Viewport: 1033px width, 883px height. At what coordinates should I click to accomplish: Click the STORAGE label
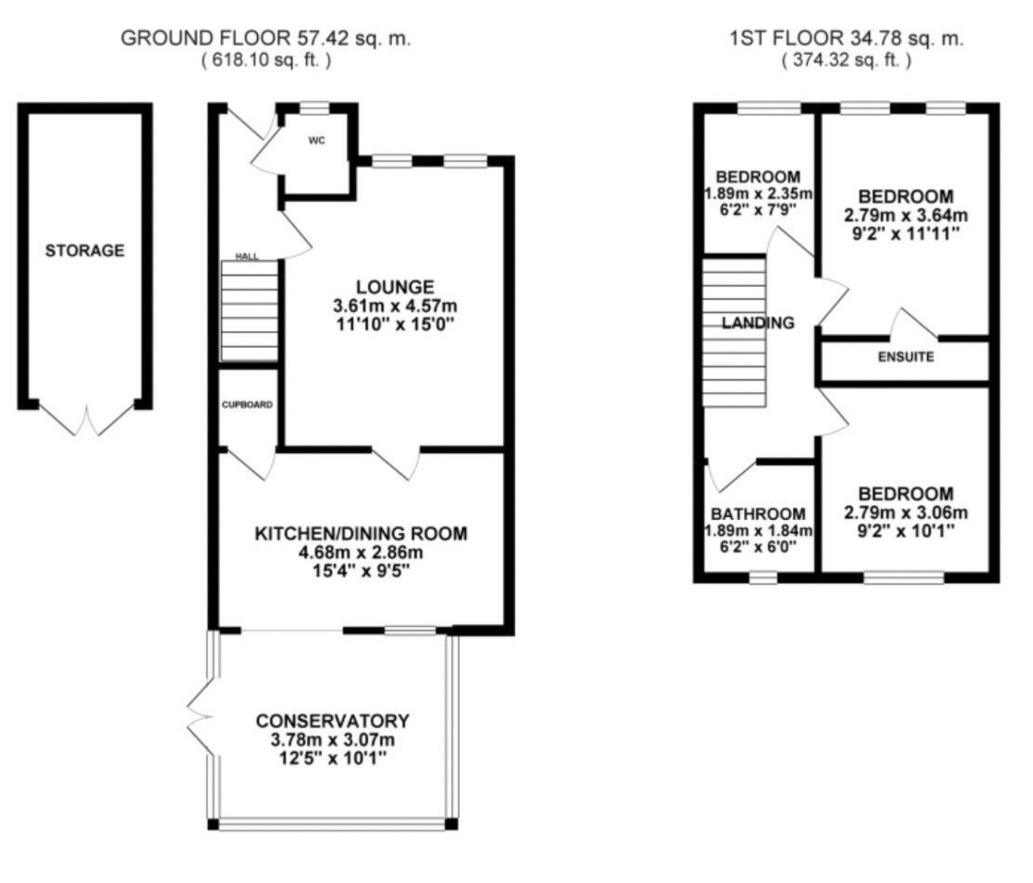tap(85, 251)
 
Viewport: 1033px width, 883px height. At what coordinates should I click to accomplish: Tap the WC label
tap(317, 141)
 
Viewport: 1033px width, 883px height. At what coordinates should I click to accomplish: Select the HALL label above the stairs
tap(247, 256)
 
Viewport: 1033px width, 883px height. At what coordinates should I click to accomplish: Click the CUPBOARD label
tap(247, 405)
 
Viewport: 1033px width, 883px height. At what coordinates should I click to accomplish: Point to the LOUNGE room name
tap(395, 287)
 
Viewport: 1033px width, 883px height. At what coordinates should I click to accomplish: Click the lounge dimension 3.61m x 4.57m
tap(395, 306)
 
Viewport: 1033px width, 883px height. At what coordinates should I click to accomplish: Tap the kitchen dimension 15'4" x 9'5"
tap(361, 571)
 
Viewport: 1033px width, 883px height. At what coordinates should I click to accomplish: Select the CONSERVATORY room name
tap(333, 721)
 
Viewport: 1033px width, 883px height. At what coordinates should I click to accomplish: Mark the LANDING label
tap(758, 323)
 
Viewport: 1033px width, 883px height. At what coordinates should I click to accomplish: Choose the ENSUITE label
tap(906, 357)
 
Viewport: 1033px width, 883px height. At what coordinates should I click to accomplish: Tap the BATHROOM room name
tap(758, 514)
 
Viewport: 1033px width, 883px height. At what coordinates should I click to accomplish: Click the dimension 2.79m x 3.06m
tap(906, 513)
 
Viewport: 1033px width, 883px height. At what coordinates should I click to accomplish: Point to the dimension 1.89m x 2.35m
tap(758, 194)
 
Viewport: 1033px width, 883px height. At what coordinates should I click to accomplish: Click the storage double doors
tap(87, 421)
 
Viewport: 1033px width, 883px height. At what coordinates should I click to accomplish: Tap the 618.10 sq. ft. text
tap(266, 60)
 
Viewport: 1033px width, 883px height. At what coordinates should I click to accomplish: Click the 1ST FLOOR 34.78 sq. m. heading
tap(846, 38)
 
